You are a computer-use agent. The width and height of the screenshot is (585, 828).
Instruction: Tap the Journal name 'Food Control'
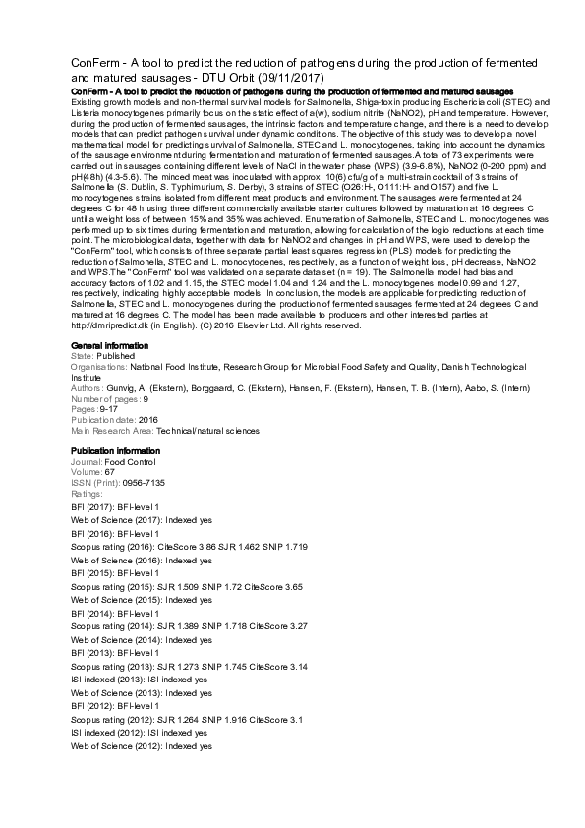(130, 459)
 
